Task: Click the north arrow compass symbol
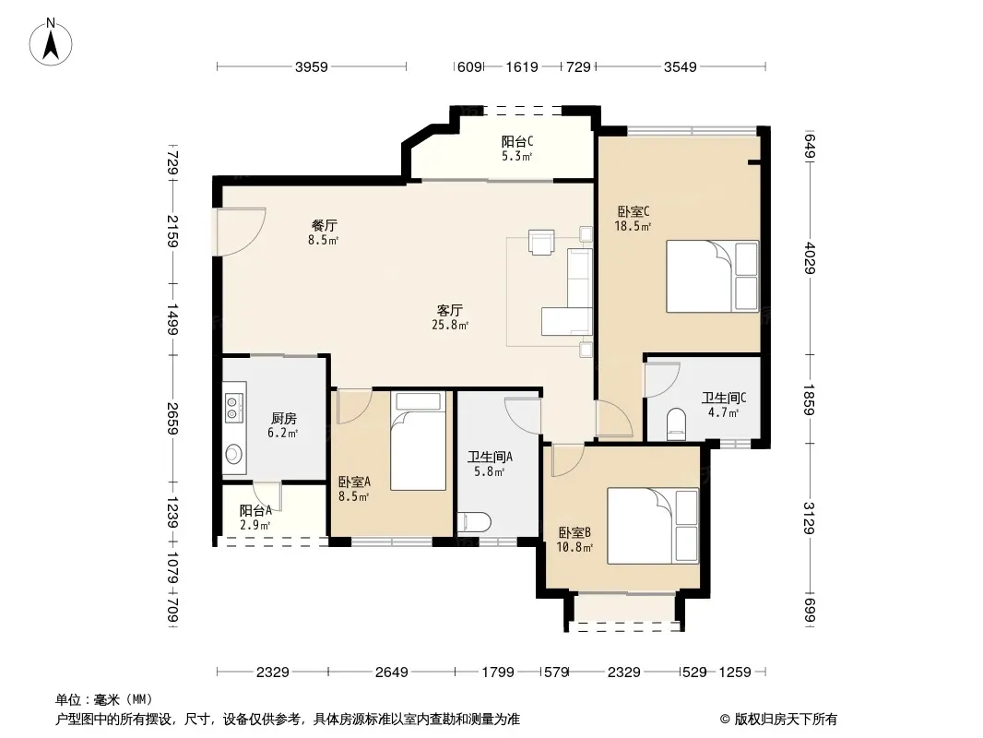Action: pos(51,42)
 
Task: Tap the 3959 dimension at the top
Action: pos(312,66)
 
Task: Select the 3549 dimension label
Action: pos(681,66)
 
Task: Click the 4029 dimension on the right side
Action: pos(810,257)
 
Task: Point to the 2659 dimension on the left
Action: pos(173,418)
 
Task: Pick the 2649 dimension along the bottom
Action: pos(392,673)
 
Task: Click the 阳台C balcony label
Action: pos(517,142)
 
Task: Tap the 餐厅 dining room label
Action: pos(324,225)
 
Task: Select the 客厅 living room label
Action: pos(449,310)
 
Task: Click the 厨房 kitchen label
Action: pos(283,418)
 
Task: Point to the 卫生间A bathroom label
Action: pos(490,457)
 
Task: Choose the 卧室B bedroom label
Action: pos(574,533)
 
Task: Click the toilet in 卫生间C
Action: pos(677,423)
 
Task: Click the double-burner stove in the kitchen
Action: pos(234,407)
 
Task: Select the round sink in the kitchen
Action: pos(234,453)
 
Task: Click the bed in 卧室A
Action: pos(418,441)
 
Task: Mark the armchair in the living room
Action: pos(541,242)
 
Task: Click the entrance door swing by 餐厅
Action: pos(241,232)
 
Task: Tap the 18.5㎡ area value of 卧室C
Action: pos(633,226)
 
